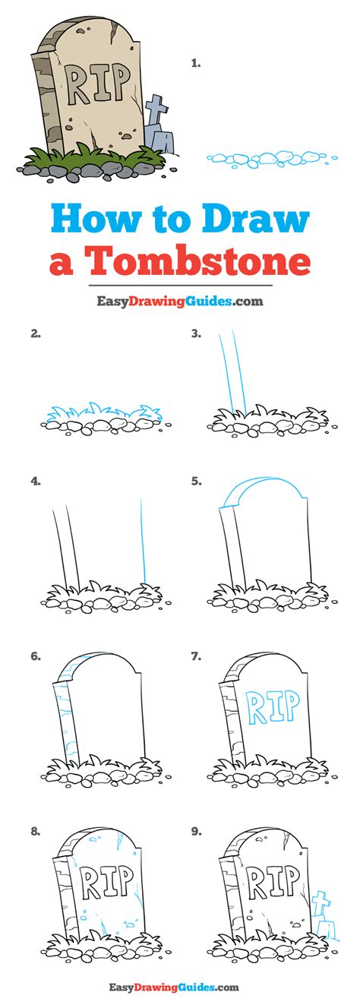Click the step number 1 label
(196, 64)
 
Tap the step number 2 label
(35, 333)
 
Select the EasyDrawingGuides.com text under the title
(179, 301)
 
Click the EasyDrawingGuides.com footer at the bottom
(179, 987)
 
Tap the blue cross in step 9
(322, 902)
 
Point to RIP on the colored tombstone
(98, 83)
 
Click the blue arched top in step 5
(262, 492)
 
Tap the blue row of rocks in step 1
(269, 160)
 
